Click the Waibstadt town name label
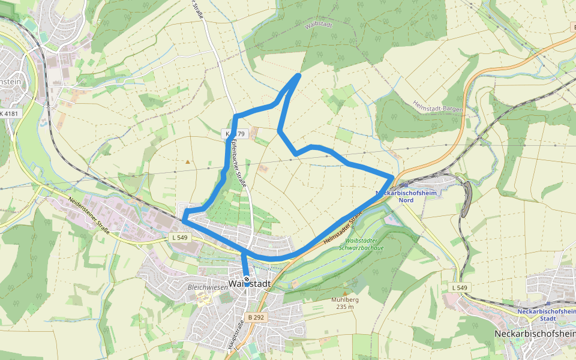pos(250,284)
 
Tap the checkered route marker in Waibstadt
pos(246,279)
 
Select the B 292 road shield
pos(256,317)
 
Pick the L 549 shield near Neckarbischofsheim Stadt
pos(460,288)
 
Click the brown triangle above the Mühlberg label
pos(345,294)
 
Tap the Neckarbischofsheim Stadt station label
pos(545,315)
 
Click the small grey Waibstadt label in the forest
pos(318,26)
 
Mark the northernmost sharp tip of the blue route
pos(299,74)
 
